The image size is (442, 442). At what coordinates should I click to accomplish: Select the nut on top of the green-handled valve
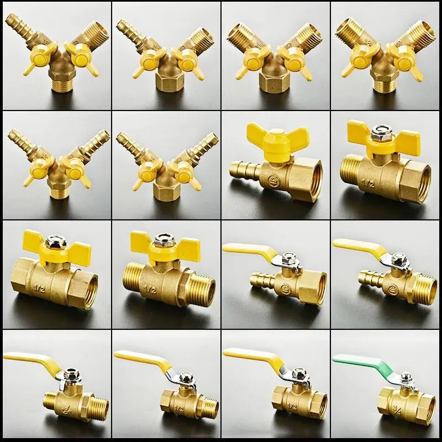pyautogui.click(x=406, y=378)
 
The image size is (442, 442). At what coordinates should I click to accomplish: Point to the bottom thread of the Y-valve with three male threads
pyautogui.click(x=384, y=86)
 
